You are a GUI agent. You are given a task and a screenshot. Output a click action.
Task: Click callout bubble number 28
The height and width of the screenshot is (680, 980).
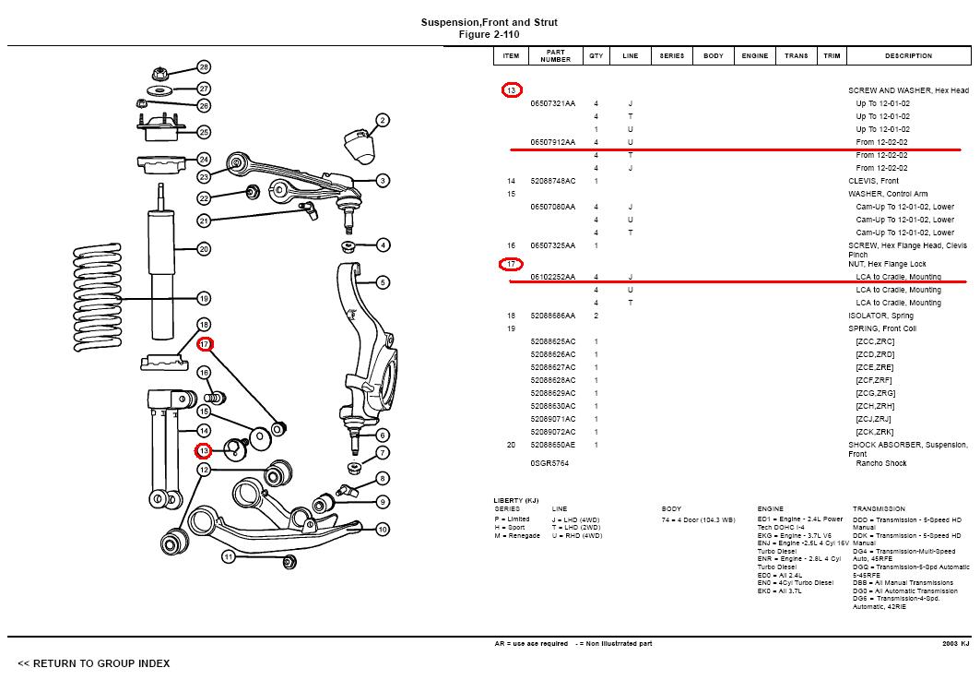point(204,67)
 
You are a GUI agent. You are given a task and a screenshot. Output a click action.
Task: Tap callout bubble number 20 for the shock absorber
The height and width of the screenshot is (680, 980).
point(204,249)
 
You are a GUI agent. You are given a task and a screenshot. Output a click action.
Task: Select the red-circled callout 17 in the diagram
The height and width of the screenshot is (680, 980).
point(204,344)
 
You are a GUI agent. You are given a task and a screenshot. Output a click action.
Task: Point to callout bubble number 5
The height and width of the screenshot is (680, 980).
point(383,282)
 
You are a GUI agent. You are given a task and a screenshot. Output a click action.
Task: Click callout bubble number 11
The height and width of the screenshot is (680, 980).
point(228,557)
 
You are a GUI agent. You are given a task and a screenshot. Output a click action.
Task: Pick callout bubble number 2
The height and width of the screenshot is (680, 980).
point(383,120)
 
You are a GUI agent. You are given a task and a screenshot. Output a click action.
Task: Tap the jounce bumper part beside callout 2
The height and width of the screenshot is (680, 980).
point(357,144)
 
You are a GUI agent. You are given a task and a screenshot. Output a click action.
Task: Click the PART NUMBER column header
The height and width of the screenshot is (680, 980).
point(555,56)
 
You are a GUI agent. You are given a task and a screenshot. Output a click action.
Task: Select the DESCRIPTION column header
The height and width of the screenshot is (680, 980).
point(908,56)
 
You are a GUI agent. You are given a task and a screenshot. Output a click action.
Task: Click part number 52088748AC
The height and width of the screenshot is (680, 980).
point(552,181)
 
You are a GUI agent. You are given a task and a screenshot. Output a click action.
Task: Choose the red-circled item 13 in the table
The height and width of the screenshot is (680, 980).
point(512,90)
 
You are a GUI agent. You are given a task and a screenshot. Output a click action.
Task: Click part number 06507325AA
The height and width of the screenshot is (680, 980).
point(552,245)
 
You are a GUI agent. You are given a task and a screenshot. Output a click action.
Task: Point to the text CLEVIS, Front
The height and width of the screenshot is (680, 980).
point(873,181)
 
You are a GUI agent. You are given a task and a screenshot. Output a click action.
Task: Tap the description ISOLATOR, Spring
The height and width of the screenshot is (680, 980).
point(880,316)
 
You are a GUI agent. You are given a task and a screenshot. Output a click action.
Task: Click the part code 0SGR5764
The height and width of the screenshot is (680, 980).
point(549,463)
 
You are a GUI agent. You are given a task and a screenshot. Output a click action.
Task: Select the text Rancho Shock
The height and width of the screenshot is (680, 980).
point(881,463)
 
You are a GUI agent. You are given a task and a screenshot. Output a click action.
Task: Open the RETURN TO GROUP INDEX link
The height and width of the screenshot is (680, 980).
point(93,663)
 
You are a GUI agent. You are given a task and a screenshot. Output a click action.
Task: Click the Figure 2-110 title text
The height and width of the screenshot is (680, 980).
point(489,34)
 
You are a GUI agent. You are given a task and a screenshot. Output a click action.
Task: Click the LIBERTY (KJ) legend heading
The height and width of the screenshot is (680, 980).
point(515,500)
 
